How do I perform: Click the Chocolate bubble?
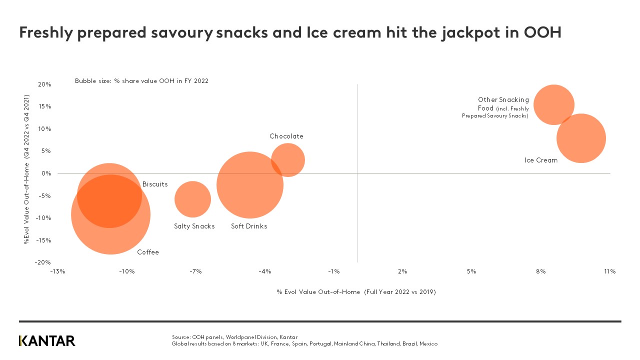tap(288, 160)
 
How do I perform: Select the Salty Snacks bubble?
tap(192, 199)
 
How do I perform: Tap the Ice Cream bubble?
tap(581, 138)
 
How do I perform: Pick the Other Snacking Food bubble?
tap(553, 105)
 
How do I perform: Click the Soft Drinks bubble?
tap(250, 185)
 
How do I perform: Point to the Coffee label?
tap(148, 252)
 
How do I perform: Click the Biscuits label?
tap(155, 184)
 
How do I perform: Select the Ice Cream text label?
tap(540, 160)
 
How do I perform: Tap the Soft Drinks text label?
tap(249, 226)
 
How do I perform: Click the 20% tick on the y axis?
tap(44, 84)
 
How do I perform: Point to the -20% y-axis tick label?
tap(43, 262)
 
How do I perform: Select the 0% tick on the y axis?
tap(46, 173)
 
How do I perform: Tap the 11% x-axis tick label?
tap(609, 271)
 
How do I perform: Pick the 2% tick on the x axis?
tap(402, 271)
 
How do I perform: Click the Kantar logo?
tap(47, 341)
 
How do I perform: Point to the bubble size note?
tap(141, 81)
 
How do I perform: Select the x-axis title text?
tap(356, 292)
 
